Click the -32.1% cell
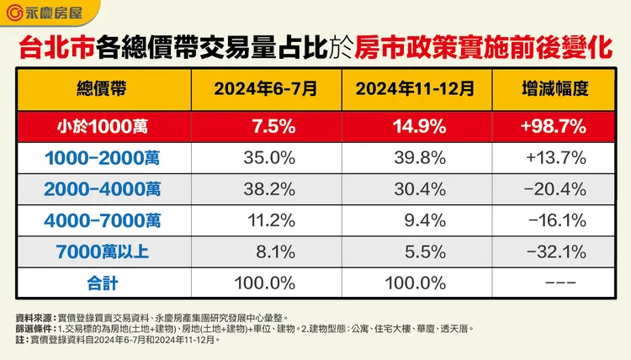(x=554, y=250)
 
